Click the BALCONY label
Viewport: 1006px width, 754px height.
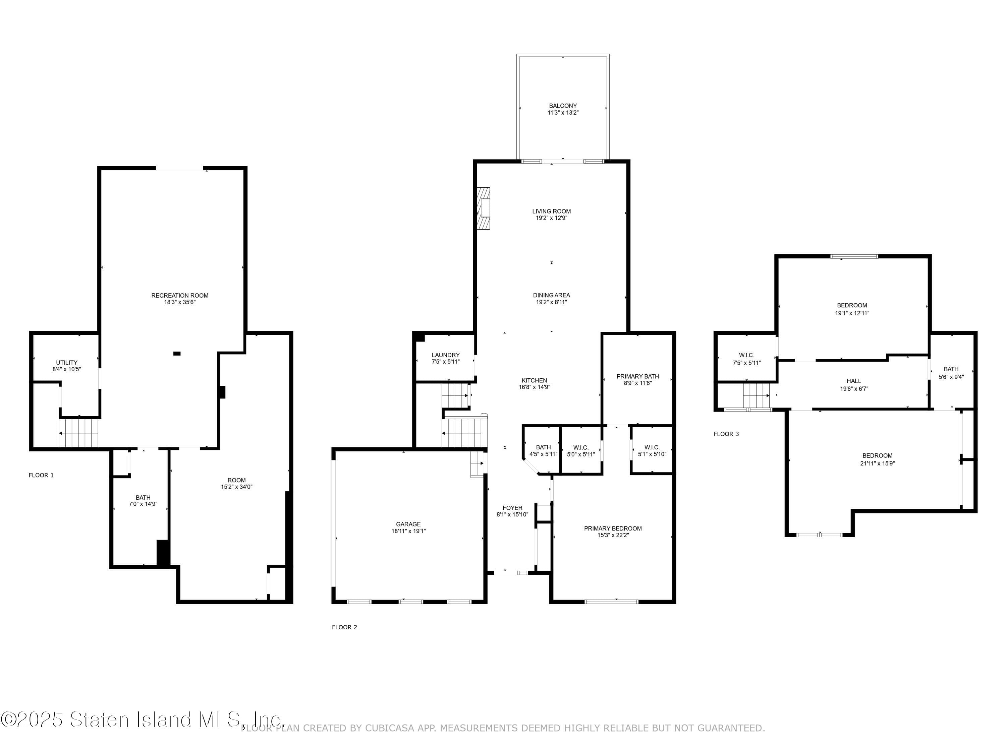point(563,106)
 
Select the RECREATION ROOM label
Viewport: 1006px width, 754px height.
point(180,296)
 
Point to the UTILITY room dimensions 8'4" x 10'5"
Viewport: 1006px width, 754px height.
point(66,369)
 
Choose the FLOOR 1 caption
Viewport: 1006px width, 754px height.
point(41,475)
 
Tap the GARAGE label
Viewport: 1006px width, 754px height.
point(408,524)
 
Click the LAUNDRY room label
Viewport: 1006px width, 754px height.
point(445,355)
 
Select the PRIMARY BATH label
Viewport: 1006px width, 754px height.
point(637,376)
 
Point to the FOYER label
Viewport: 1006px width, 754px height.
point(512,508)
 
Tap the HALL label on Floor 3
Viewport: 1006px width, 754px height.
point(854,381)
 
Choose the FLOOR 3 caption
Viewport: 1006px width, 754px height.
point(726,434)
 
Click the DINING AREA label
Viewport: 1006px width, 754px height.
point(551,295)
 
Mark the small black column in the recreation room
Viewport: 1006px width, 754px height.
point(177,353)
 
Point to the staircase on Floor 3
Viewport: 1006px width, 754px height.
point(756,395)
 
